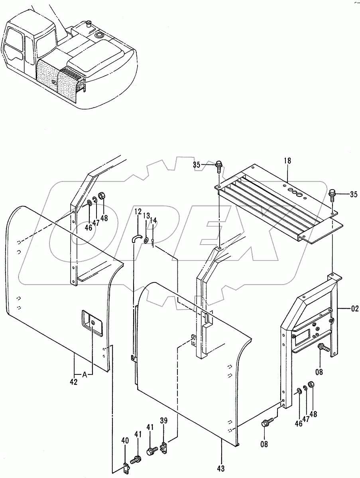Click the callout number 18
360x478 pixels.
point(287,161)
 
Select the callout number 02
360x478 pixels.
point(354,308)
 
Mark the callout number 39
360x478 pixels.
point(163,421)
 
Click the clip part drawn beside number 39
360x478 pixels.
point(163,448)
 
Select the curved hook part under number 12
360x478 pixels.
point(137,238)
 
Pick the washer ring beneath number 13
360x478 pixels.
point(147,241)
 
